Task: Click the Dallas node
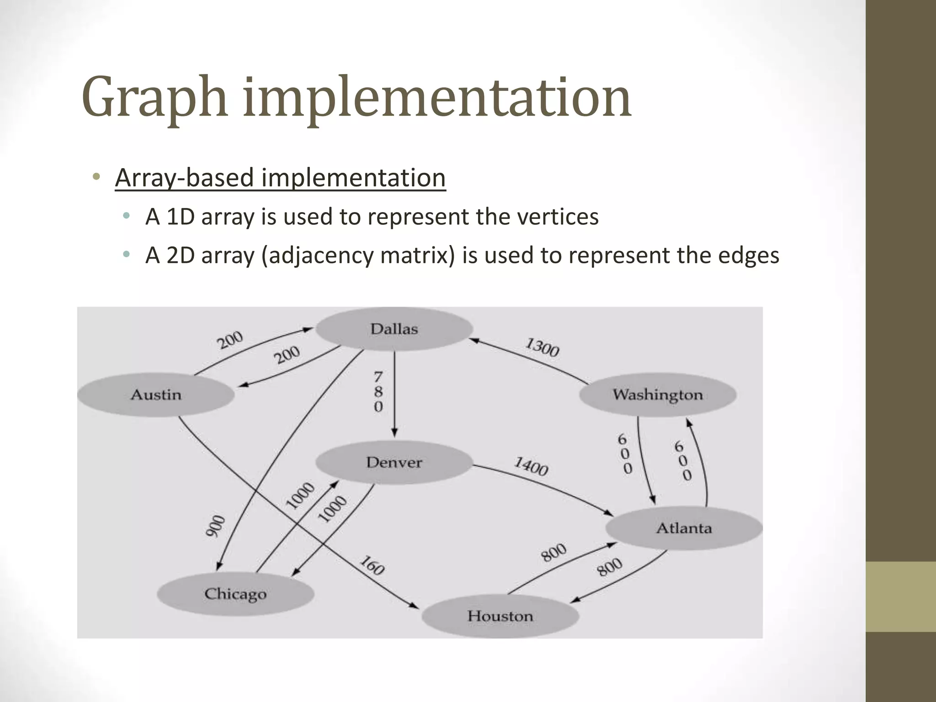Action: click(394, 329)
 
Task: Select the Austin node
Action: click(156, 394)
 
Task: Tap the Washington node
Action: click(658, 394)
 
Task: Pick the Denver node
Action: click(394, 463)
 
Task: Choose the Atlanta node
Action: click(684, 528)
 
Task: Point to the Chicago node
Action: click(235, 594)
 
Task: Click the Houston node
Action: click(500, 616)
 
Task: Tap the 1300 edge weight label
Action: click(542, 347)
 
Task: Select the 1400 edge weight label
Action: click(531, 466)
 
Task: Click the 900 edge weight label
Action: click(215, 526)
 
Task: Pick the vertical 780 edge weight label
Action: click(378, 392)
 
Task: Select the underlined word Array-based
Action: click(184, 177)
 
